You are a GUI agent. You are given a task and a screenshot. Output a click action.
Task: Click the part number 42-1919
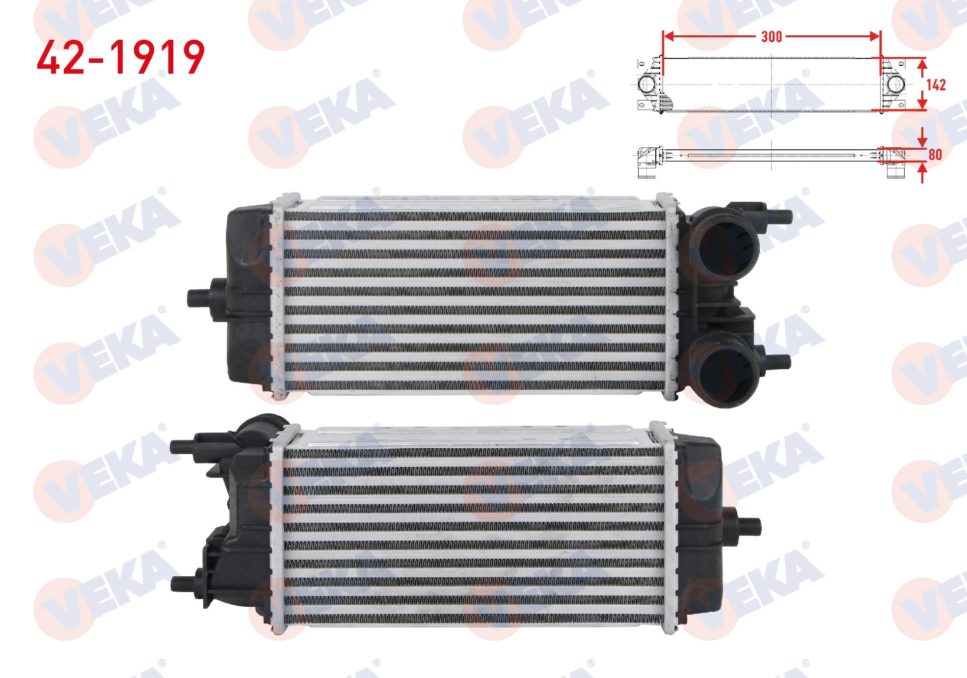click(x=121, y=57)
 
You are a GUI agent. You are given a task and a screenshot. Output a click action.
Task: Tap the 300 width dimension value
click(x=771, y=36)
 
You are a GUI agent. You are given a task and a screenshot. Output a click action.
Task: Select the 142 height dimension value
click(x=936, y=85)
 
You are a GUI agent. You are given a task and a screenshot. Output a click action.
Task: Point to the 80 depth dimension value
click(x=935, y=155)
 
